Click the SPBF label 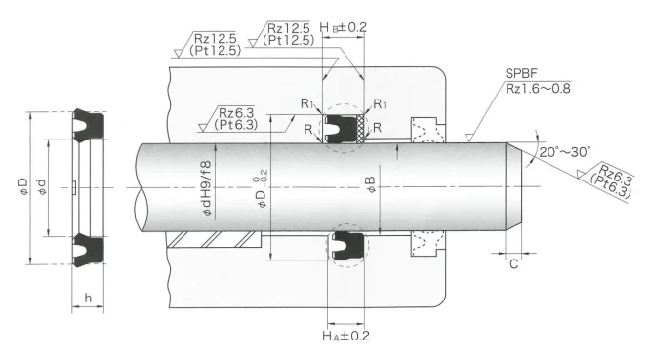point(520,74)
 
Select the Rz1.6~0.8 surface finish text point(538,88)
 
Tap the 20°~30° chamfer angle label point(565,152)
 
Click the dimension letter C point(514,263)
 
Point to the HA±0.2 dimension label point(345,336)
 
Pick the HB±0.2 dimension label point(344,27)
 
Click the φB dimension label point(371,184)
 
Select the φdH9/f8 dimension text point(206,188)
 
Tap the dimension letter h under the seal point(88,298)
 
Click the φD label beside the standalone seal point(23,186)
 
